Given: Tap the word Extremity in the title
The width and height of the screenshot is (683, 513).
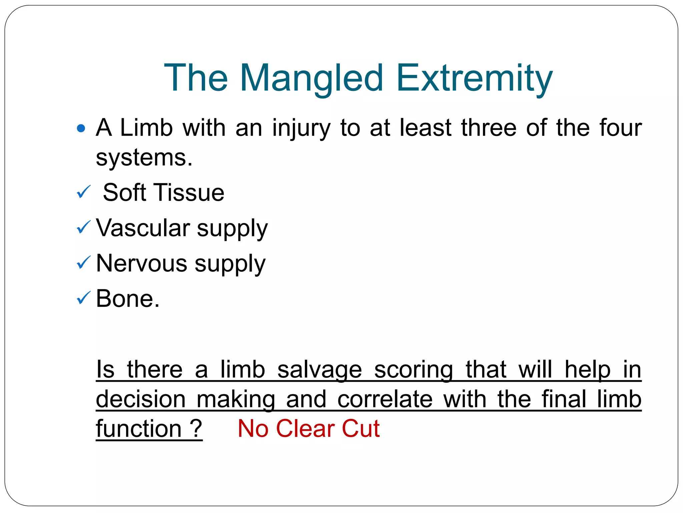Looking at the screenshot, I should pyautogui.click(x=474, y=78).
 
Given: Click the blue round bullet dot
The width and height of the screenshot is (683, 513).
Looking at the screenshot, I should pyautogui.click(x=81, y=128).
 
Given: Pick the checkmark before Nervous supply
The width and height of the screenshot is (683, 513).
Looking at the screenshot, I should pyautogui.click(x=83, y=263).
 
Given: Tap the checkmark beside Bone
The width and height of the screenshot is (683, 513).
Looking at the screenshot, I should pyautogui.click(x=83, y=298).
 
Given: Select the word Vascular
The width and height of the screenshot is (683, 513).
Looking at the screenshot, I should pyautogui.click(x=143, y=228).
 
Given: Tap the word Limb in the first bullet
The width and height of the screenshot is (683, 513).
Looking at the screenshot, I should pyautogui.click(x=146, y=128).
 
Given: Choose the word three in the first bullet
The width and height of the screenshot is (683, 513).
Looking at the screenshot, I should pyautogui.click(x=489, y=128).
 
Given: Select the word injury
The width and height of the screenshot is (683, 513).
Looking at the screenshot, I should pyautogui.click(x=301, y=128).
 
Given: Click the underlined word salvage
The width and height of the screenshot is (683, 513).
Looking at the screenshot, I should pyautogui.click(x=319, y=370).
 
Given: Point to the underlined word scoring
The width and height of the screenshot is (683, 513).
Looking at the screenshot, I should pyautogui.click(x=414, y=370).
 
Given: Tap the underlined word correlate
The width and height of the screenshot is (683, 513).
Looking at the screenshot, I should pyautogui.click(x=385, y=399).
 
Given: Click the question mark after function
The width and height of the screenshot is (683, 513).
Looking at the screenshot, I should pyautogui.click(x=196, y=429).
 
